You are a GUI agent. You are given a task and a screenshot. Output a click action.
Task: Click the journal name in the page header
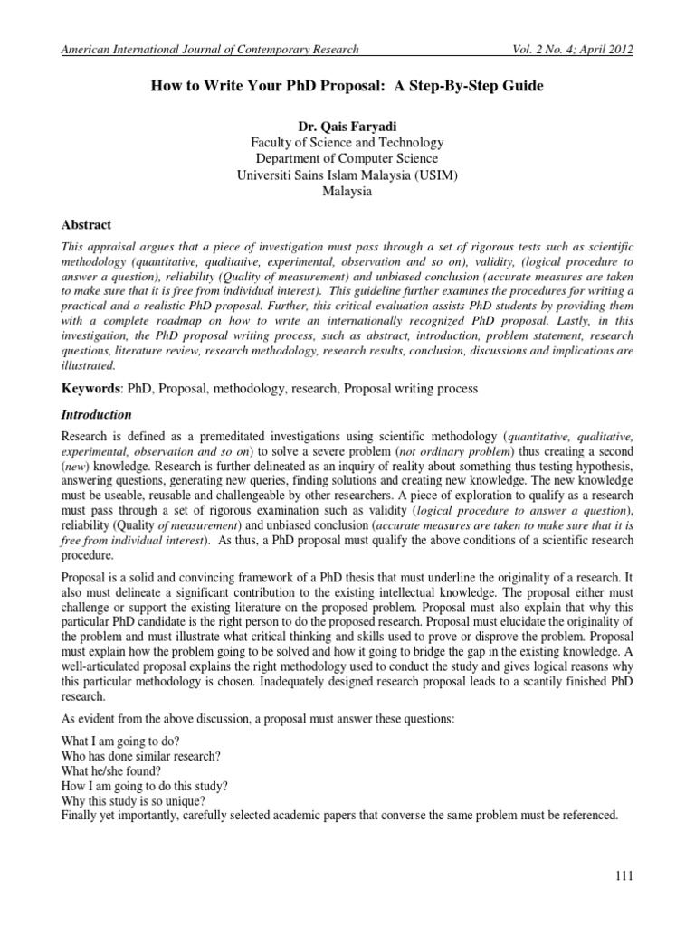pyautogui.click(x=209, y=50)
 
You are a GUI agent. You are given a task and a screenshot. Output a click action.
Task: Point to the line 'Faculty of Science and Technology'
pyautogui.click(x=347, y=143)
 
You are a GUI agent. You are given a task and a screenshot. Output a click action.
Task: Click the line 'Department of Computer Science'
pyautogui.click(x=347, y=159)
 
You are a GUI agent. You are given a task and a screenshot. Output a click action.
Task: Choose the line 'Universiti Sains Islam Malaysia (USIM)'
pyautogui.click(x=347, y=175)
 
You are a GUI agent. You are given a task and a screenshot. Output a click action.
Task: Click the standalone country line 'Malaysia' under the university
pyautogui.click(x=347, y=192)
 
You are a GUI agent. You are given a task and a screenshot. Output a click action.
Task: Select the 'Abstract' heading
pyautogui.click(x=85, y=225)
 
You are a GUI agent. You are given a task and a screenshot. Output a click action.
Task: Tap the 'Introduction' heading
pyautogui.click(x=96, y=415)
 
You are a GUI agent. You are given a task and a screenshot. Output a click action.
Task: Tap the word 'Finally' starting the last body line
pyautogui.click(x=80, y=816)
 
